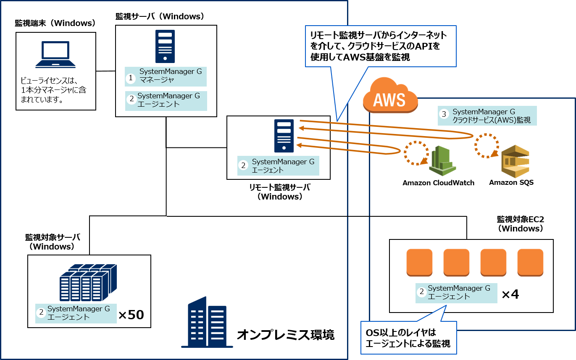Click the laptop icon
click(x=55, y=55)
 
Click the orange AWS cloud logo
click(x=390, y=97)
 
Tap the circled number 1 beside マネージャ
click(x=131, y=78)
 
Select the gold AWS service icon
click(x=515, y=161)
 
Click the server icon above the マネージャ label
click(x=165, y=46)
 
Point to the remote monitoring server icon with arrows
click(x=284, y=136)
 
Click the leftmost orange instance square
click(x=419, y=263)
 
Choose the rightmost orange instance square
click(x=530, y=263)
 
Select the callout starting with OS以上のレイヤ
click(x=408, y=339)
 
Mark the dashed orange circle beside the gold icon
click(x=487, y=146)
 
